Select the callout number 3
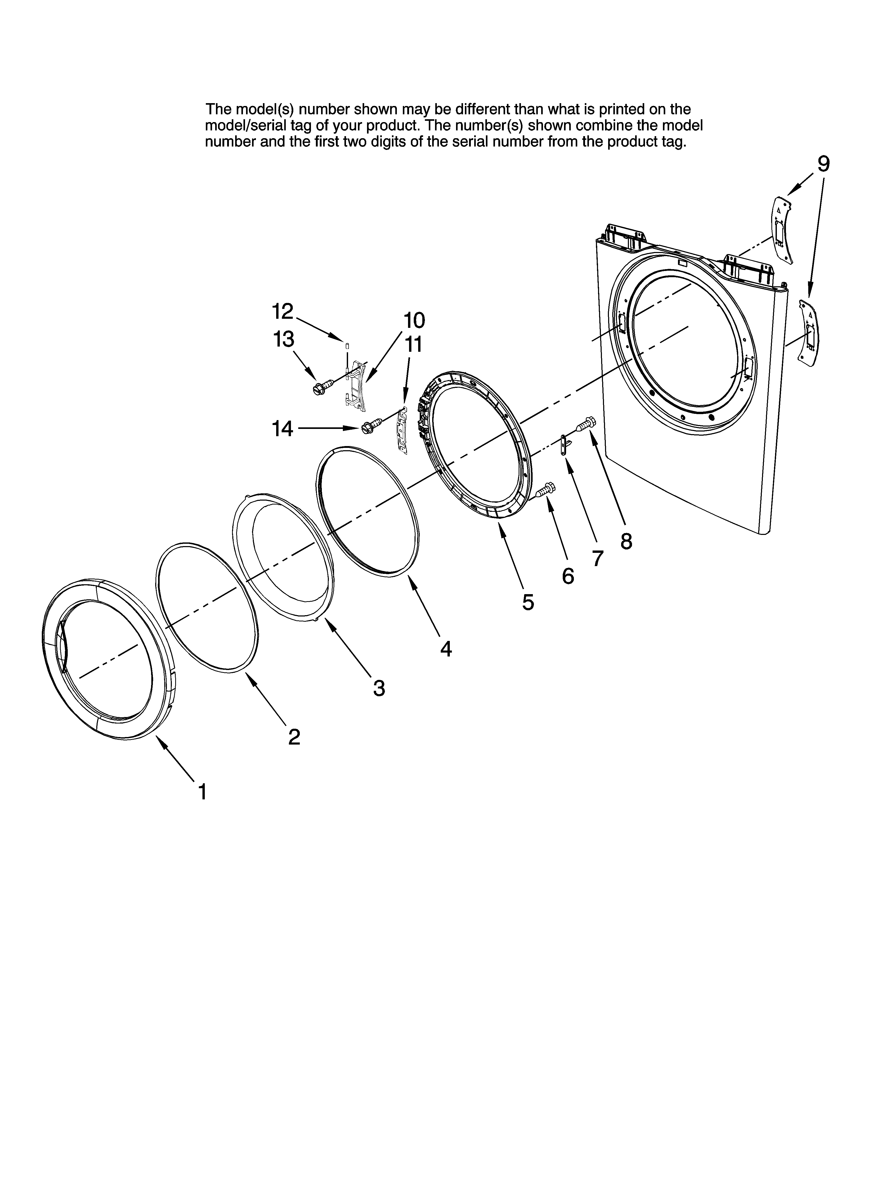point(379,688)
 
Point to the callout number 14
point(283,428)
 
